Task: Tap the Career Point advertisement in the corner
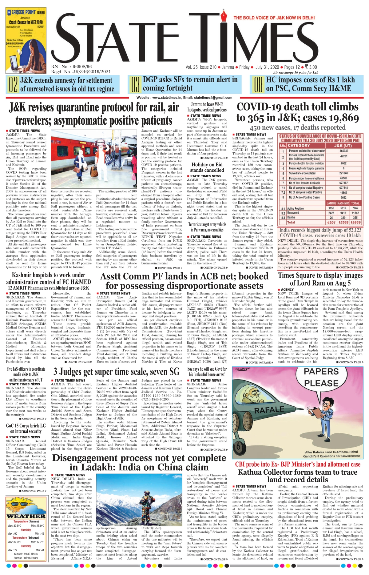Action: pos(26,40)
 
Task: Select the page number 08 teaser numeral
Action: pos(258,85)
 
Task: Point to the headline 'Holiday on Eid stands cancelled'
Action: pos(207,167)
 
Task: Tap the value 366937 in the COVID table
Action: pos(343,151)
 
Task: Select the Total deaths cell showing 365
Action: pos(355,217)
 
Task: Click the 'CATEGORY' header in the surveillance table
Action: pos(299,145)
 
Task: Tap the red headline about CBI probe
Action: pos(297,464)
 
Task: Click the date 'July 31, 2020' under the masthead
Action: pos(267,67)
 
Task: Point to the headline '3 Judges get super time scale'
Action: pos(116,372)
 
